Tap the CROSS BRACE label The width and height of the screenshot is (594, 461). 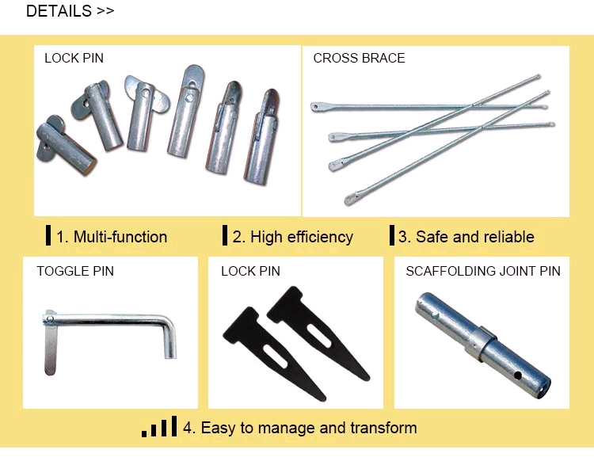(359, 58)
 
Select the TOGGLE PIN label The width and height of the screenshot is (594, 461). (75, 271)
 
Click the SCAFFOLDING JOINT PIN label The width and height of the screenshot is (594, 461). (483, 271)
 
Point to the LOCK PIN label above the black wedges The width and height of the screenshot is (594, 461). (250, 271)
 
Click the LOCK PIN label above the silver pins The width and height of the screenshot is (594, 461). (74, 58)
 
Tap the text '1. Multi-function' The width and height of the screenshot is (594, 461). (112, 237)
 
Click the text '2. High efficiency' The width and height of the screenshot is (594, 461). (292, 237)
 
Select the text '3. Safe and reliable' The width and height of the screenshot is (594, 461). (466, 237)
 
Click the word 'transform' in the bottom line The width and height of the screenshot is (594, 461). (383, 428)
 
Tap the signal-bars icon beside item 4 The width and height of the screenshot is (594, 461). (159, 426)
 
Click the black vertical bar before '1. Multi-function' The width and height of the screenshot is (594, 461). (48, 235)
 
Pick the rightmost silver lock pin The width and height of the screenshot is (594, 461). (262, 136)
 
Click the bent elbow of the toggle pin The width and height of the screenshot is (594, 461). (169, 322)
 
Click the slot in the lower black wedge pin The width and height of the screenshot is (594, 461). (275, 356)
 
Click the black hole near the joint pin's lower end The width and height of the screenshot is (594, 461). (517, 375)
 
